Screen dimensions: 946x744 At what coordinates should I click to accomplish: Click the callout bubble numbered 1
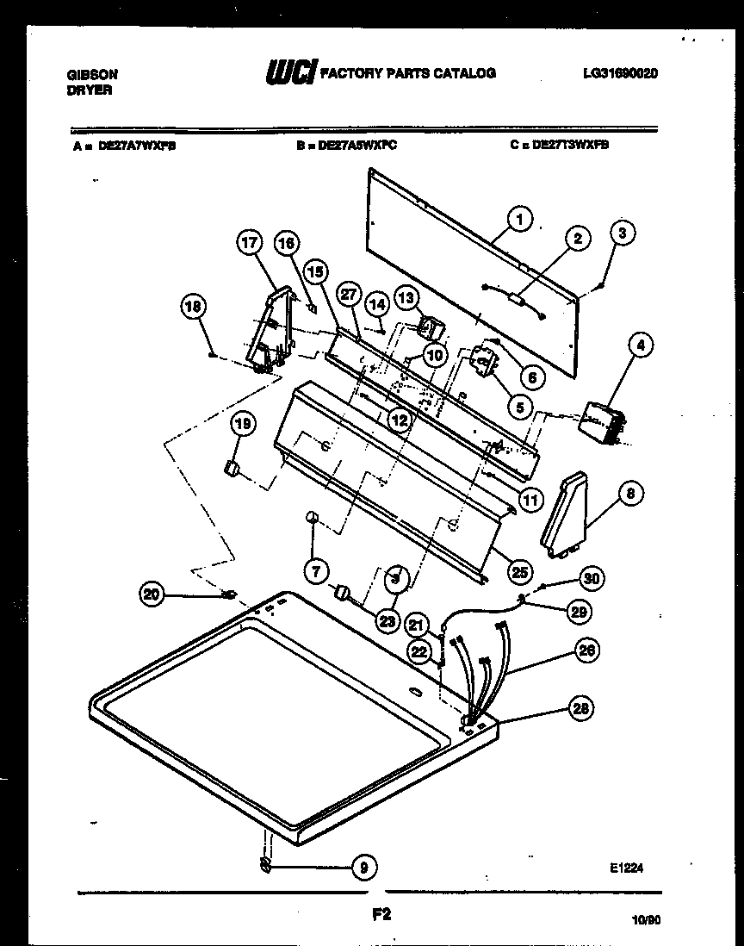point(518,220)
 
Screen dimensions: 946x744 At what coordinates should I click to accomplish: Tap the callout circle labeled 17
point(250,246)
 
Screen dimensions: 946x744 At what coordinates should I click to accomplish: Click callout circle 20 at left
point(152,593)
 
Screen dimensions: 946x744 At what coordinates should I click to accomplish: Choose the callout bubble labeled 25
point(519,569)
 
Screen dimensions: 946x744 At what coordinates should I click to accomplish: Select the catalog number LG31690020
point(620,74)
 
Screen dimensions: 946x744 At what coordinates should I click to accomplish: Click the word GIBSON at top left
point(92,75)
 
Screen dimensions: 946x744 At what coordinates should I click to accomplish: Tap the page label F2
point(381,916)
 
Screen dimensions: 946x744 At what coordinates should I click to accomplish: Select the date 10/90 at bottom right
point(645,920)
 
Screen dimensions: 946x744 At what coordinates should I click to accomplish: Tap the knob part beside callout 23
point(343,593)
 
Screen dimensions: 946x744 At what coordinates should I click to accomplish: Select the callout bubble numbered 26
point(588,650)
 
